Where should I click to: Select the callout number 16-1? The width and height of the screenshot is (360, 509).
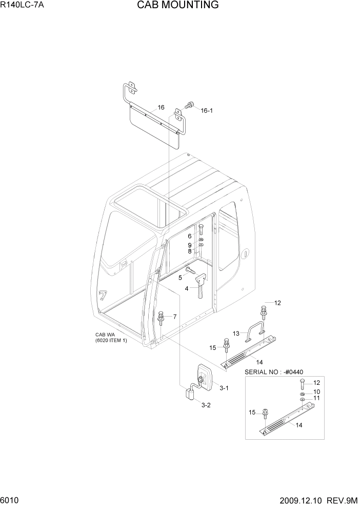coord(206,110)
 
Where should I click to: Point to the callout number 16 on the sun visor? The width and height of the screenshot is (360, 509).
coord(161,108)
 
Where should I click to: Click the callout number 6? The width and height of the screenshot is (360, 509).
coord(189,236)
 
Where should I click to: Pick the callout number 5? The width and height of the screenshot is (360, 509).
coord(180,278)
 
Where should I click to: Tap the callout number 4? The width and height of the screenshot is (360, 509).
coord(187,288)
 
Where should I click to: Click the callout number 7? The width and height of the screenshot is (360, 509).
coord(174,317)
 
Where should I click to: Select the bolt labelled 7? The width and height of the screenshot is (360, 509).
coord(162,318)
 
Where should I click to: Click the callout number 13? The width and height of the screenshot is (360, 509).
coord(236,334)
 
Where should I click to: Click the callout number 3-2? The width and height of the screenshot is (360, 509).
coord(206,405)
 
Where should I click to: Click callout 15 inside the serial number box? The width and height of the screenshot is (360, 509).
coord(252,412)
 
